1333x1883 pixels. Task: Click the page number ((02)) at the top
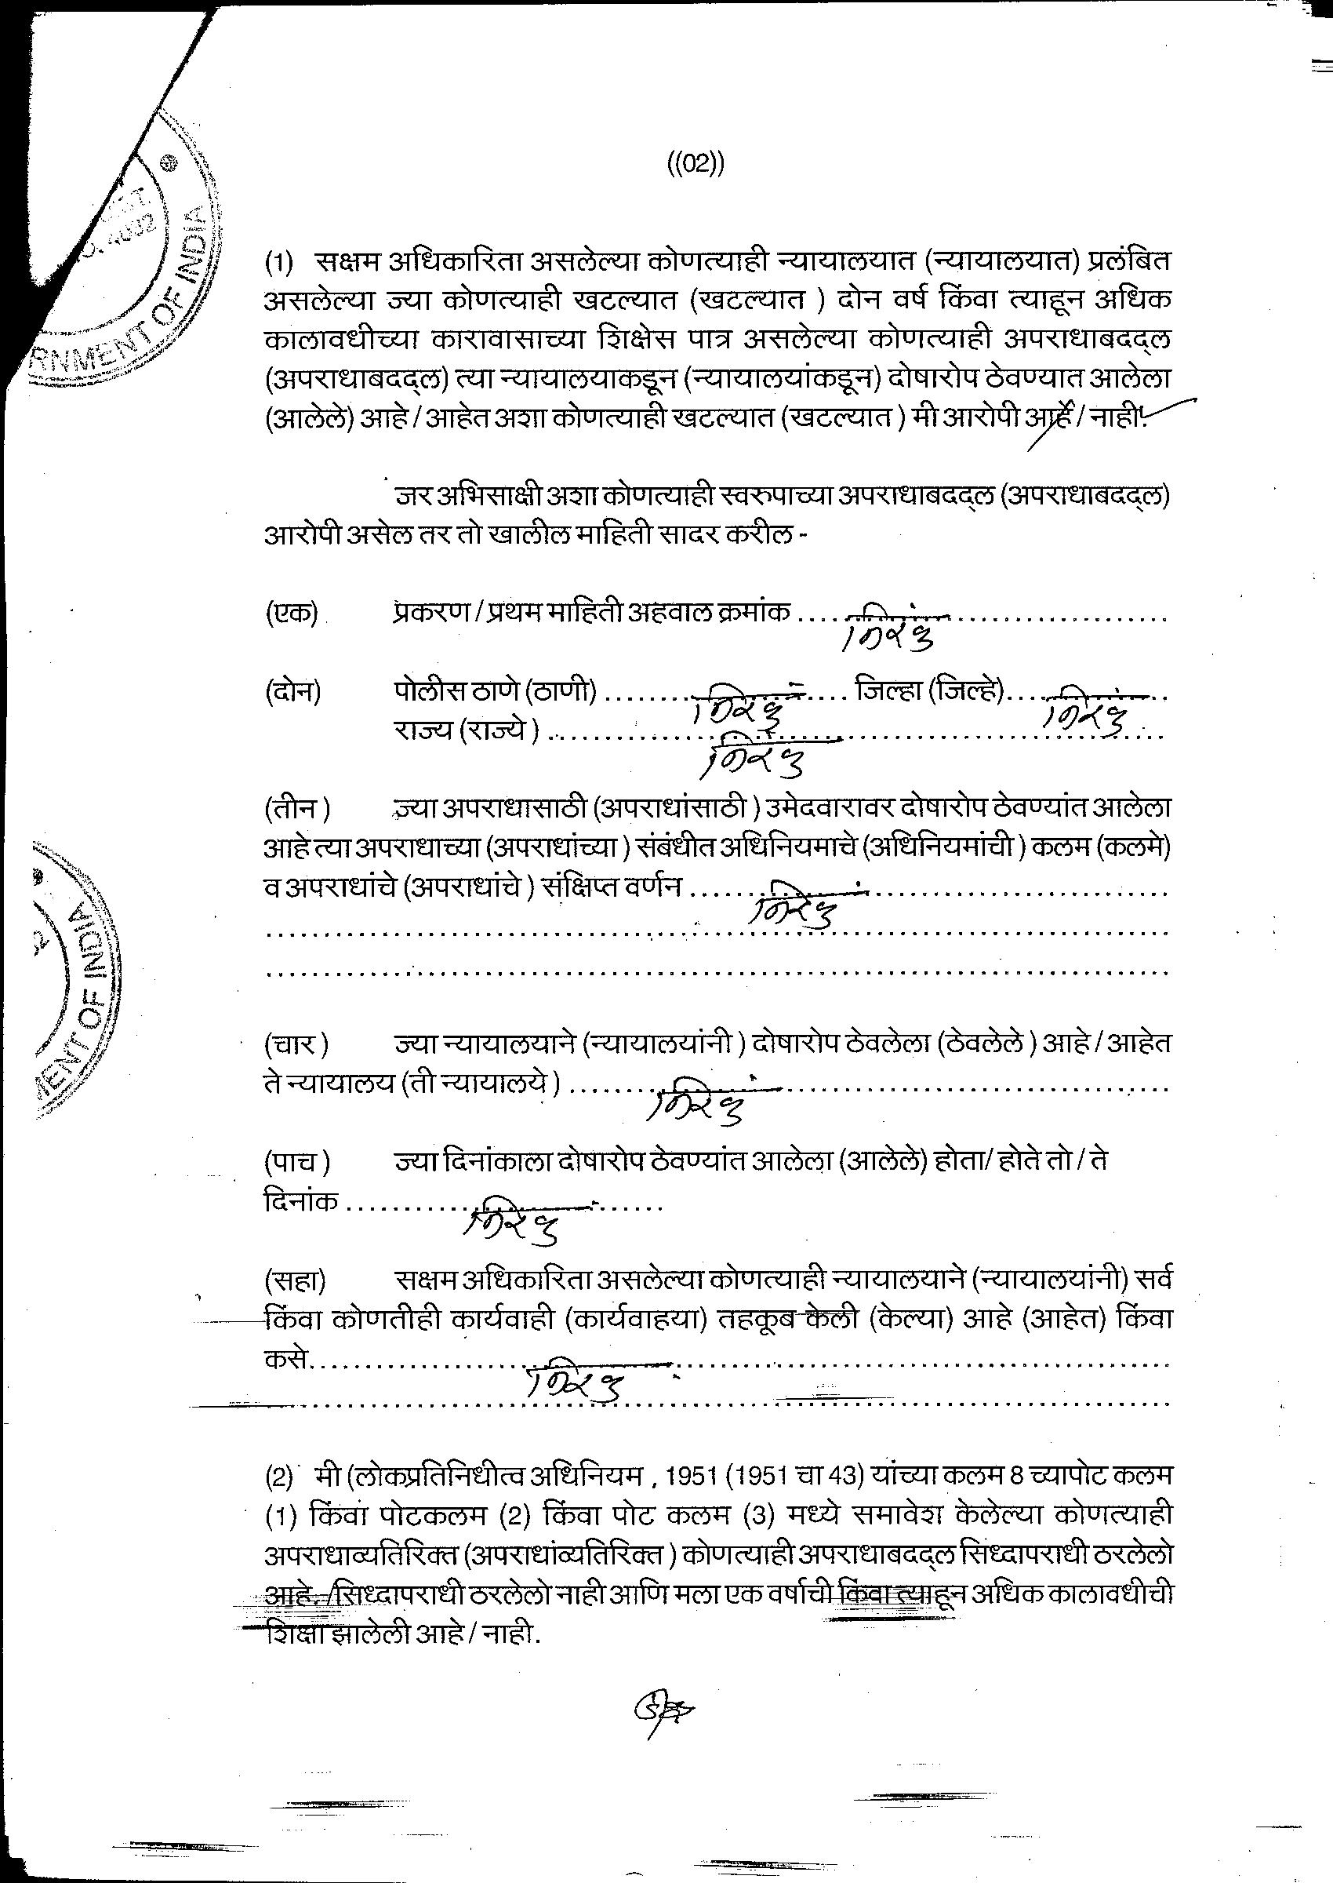click(x=695, y=163)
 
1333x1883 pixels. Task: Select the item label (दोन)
click(x=293, y=692)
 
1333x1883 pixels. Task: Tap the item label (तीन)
click(x=297, y=809)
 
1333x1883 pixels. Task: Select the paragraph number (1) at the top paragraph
click(x=278, y=264)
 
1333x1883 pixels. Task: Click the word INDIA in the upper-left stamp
click(x=191, y=244)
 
